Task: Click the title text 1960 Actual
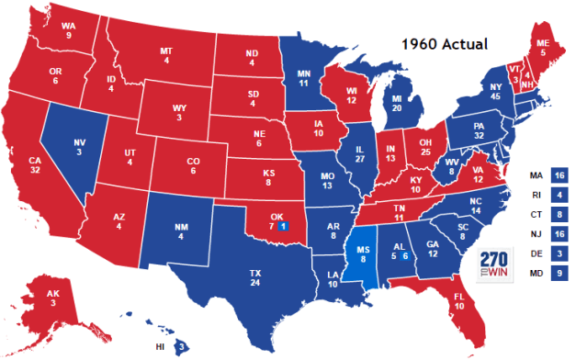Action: pyautogui.click(x=448, y=43)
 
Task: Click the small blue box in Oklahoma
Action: pyautogui.click(x=284, y=226)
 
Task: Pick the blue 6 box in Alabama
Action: pyautogui.click(x=405, y=256)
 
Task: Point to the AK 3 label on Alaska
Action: pyautogui.click(x=54, y=298)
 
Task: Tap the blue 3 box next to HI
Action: pyautogui.click(x=182, y=346)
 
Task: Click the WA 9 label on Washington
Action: pyautogui.click(x=68, y=31)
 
